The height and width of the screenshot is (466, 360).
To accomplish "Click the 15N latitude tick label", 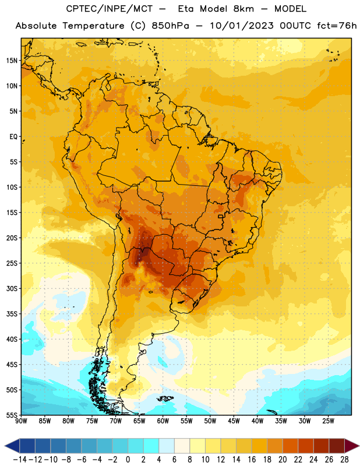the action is (12, 61).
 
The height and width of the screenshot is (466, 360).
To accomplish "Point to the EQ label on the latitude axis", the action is (13, 137).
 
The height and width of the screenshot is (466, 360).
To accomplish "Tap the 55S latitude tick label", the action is (12, 415).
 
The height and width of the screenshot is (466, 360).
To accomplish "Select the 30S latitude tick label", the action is (12, 288).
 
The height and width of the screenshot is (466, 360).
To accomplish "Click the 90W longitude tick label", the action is (21, 421).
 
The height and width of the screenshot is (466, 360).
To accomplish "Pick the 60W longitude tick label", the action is (163, 421).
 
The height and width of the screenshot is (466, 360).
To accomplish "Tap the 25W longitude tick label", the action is (329, 421).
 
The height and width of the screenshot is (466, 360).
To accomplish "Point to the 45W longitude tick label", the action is (234, 421).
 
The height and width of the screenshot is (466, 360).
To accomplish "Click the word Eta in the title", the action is (186, 9).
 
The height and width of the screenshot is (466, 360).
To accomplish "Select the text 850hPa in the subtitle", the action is (170, 26).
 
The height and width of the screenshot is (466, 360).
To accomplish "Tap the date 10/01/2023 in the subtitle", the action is (242, 26).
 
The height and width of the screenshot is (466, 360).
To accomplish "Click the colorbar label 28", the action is (344, 460).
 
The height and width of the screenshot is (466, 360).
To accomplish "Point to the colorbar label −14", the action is (20, 460).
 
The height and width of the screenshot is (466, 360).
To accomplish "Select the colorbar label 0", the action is (128, 460).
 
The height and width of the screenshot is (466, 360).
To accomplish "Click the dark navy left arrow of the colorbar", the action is (12, 446).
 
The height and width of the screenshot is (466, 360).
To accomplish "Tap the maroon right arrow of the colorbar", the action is (352, 446).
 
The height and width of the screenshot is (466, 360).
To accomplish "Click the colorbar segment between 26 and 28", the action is (337, 446).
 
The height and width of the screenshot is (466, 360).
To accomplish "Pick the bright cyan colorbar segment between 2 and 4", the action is (151, 446).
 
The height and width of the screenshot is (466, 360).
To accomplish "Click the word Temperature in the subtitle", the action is (93, 26).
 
